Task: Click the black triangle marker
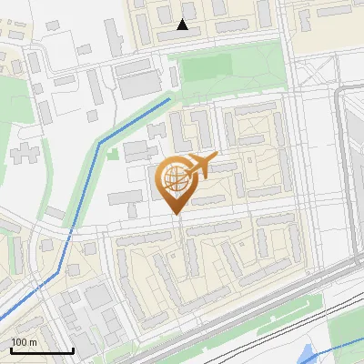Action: coord(183,25)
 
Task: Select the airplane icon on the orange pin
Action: coord(200,166)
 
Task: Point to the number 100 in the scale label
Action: coord(20,342)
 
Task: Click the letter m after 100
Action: coord(33,342)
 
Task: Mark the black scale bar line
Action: coord(41,350)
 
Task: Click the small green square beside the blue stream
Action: coord(113,154)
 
